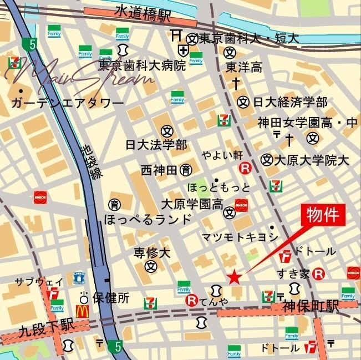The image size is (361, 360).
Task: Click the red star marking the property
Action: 235,276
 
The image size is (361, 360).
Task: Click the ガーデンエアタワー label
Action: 67,103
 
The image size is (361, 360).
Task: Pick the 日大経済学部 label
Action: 289,102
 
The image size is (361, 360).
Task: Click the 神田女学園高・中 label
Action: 308,123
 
